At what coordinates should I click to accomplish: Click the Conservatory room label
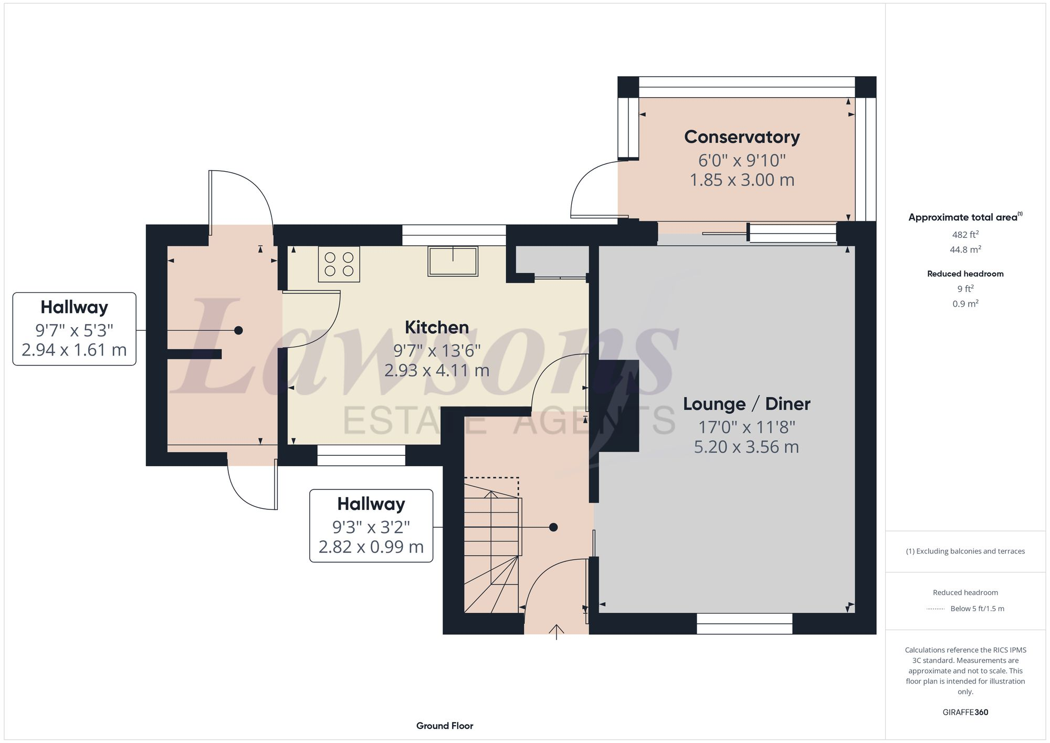pyautogui.click(x=741, y=137)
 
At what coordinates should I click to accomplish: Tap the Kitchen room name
pyautogui.click(x=436, y=328)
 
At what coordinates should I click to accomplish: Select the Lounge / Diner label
pyautogui.click(x=746, y=404)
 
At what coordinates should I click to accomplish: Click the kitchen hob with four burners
pyautogui.click(x=339, y=264)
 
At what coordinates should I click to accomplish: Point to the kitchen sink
pyautogui.click(x=453, y=261)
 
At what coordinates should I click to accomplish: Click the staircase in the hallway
pyautogui.click(x=492, y=546)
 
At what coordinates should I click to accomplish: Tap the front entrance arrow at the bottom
pyautogui.click(x=556, y=631)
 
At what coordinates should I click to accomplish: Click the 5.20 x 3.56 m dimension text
pyautogui.click(x=746, y=447)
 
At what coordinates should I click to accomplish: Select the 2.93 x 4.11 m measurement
pyautogui.click(x=436, y=371)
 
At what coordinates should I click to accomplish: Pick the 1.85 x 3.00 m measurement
pyautogui.click(x=741, y=180)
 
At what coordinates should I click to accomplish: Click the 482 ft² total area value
pyautogui.click(x=965, y=235)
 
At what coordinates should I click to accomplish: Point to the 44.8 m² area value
pyautogui.click(x=965, y=250)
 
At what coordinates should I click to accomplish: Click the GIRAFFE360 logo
pyautogui.click(x=965, y=713)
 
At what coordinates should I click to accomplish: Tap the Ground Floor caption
pyautogui.click(x=445, y=726)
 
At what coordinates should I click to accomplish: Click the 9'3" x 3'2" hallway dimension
pyautogui.click(x=371, y=527)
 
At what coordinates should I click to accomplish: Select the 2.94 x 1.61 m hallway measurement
pyautogui.click(x=74, y=350)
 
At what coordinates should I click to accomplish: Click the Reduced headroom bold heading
pyautogui.click(x=965, y=274)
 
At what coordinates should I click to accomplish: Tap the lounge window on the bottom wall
pyautogui.click(x=744, y=623)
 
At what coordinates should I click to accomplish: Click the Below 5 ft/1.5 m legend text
pyautogui.click(x=977, y=609)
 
